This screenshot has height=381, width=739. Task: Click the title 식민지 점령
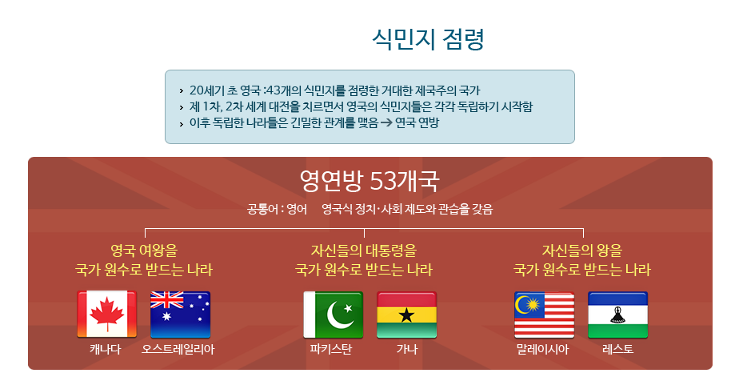click(428, 39)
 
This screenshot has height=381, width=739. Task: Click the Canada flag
click(107, 315)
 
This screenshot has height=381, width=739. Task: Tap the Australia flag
click(181, 315)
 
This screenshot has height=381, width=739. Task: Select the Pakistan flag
click(334, 315)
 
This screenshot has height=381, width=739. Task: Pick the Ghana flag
click(407, 315)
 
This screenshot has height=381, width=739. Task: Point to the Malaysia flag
click(545, 315)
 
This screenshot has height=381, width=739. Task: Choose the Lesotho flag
click(618, 315)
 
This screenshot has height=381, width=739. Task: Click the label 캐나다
click(106, 350)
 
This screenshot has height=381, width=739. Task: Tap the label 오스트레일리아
click(178, 350)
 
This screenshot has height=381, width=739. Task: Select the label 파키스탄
click(331, 350)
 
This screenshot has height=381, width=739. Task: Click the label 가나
click(407, 350)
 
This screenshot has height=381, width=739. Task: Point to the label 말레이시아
click(542, 350)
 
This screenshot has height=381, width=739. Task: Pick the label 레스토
click(618, 350)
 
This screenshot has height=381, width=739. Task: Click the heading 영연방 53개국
click(369, 181)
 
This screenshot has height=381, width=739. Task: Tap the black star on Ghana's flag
click(406, 315)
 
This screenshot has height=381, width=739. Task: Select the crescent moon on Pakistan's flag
click(338, 315)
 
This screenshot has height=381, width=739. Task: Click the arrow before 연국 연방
click(386, 123)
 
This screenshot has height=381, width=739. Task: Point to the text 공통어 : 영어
click(277, 209)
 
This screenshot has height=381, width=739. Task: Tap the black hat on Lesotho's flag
click(617, 315)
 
